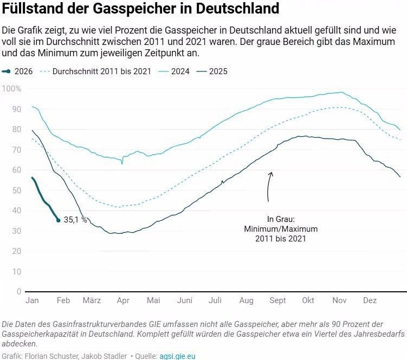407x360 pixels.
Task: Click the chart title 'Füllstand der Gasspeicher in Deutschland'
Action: pos(141,9)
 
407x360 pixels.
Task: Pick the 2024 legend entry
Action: pos(180,71)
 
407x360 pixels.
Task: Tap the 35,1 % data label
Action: pos(75,220)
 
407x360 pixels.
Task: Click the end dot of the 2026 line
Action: pos(58,220)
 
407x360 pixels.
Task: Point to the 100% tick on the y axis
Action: pos(12,89)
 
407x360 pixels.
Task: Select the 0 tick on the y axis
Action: pos(18,291)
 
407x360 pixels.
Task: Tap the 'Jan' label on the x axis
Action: pos(32,300)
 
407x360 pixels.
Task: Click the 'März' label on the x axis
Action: pos(92,300)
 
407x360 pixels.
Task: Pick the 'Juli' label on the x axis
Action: pos(215,300)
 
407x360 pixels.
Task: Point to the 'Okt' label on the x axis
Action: pos(308,300)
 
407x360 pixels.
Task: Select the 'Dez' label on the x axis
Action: pos(370,300)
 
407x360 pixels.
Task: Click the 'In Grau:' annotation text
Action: pos(281,220)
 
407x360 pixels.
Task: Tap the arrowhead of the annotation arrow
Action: pos(270,173)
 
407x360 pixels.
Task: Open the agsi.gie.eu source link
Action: pos(177,356)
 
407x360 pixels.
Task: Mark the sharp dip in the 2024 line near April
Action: pos(121,163)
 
